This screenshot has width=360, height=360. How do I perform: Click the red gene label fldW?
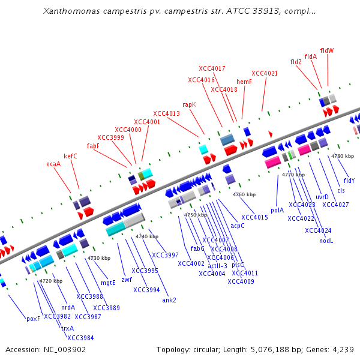(x=327, y=50)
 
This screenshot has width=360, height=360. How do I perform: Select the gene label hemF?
(x=244, y=82)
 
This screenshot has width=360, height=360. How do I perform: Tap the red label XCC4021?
(x=265, y=73)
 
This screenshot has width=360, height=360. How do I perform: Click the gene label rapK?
(x=189, y=104)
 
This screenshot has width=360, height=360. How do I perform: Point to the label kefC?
(x=70, y=156)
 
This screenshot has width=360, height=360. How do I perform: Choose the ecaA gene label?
(x=53, y=164)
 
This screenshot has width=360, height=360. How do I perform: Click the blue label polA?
(x=277, y=210)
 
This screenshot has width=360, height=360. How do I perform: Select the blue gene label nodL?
(x=326, y=241)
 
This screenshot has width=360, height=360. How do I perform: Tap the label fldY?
(x=349, y=181)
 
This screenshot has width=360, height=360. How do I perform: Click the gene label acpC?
(x=238, y=226)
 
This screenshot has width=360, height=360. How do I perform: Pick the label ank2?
(x=169, y=300)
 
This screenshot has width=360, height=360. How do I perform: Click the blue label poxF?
(x=33, y=319)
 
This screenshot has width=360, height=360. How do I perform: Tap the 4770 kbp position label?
(x=293, y=175)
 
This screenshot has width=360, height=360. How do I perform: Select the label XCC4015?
(x=254, y=217)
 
